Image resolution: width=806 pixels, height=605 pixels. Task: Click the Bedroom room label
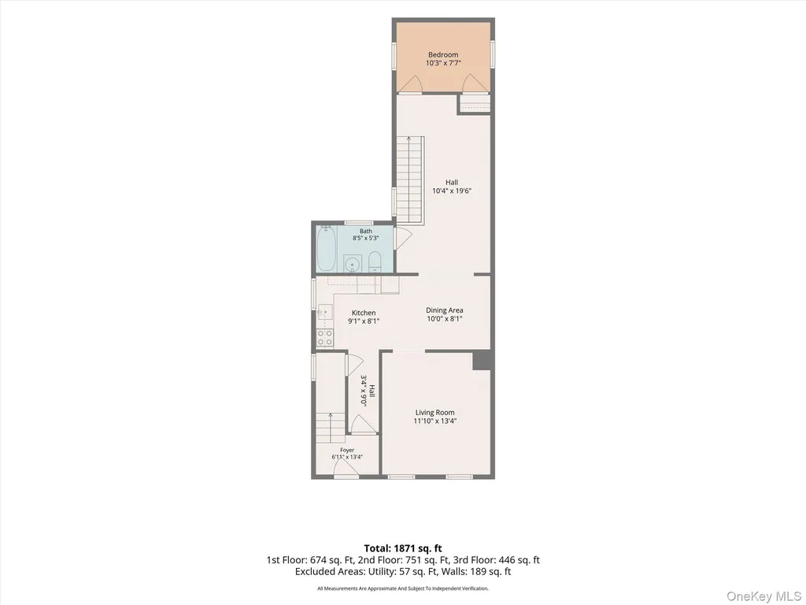coord(443,54)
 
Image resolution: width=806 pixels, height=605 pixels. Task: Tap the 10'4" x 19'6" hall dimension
coord(452,191)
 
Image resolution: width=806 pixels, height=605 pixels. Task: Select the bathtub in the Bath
coord(326,248)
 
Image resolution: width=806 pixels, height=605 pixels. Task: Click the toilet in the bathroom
coord(375,262)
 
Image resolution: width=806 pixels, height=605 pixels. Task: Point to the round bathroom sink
coord(352,263)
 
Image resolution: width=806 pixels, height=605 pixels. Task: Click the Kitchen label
coord(364,313)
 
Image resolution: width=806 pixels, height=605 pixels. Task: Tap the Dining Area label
coord(445,310)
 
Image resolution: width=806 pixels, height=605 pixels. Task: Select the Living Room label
coord(434,413)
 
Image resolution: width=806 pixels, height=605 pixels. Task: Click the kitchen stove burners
coord(325,337)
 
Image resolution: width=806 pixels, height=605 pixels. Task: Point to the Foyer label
coord(347,450)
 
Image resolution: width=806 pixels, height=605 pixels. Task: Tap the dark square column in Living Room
coord(482,361)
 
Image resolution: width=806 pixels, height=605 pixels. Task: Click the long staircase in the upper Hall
coord(409,180)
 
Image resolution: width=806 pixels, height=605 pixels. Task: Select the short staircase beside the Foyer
coord(330,428)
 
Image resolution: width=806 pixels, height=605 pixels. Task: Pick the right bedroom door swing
coord(473,84)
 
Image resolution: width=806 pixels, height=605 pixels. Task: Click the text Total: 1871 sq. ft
coord(403,548)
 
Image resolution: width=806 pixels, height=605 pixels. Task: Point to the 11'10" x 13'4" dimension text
coord(434,421)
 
